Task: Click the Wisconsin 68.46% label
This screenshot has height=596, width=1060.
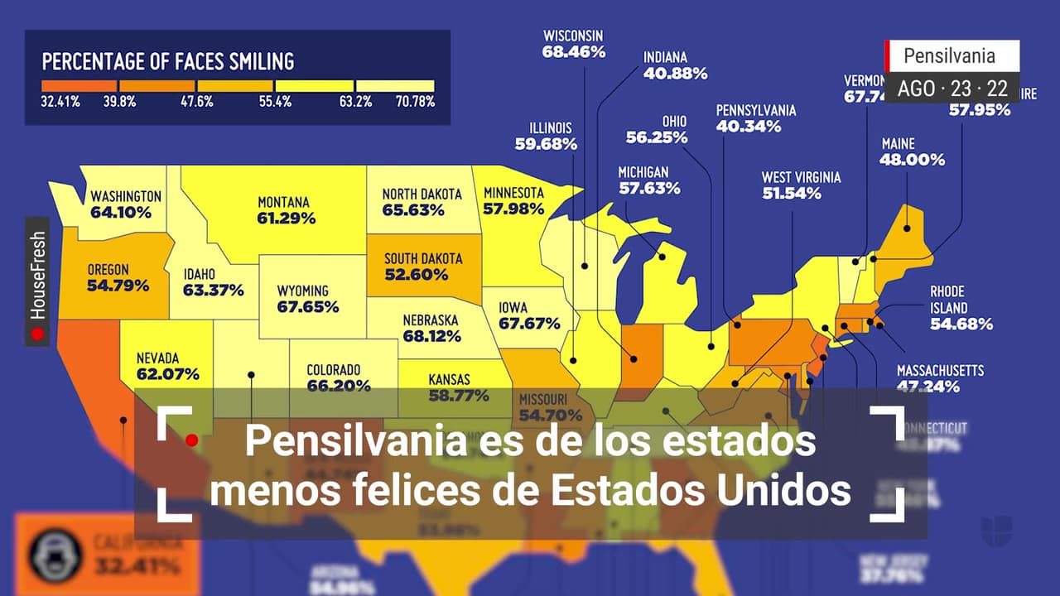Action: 574,44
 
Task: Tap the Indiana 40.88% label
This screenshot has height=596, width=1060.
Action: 675,65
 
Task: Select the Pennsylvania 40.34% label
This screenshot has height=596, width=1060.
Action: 755,118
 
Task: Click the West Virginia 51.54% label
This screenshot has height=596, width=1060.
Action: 801,185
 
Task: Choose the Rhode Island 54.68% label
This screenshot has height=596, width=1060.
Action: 961,308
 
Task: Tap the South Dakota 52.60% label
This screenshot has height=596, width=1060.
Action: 422,267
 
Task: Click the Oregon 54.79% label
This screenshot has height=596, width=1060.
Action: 118,277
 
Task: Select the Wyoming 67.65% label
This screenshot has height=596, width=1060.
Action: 308,299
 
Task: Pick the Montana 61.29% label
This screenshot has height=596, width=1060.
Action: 286,210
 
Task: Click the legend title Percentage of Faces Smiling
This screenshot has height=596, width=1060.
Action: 168,61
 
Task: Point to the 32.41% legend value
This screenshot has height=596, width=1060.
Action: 60,102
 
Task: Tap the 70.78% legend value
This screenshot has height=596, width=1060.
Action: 415,102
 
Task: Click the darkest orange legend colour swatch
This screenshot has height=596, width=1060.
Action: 79,85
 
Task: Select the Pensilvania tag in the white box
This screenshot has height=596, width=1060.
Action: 949,56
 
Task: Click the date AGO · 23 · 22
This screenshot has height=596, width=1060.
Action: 952,89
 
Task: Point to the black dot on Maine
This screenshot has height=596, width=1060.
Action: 907,228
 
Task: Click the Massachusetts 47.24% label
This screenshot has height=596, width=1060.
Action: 940,377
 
